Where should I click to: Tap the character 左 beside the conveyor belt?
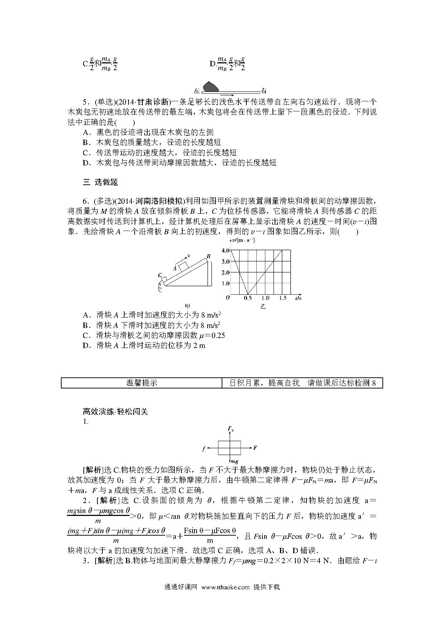(196, 91)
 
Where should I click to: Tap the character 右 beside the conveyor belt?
(264, 91)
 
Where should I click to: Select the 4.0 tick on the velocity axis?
(225, 250)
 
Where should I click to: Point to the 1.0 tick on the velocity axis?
(225, 283)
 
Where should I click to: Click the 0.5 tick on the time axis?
(248, 298)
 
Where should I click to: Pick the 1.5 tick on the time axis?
(283, 298)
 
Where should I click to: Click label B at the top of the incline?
(208, 256)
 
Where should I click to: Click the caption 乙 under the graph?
(263, 306)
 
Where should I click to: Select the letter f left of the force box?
(203, 448)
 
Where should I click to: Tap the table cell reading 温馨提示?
(142, 383)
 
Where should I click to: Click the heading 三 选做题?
(100, 182)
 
